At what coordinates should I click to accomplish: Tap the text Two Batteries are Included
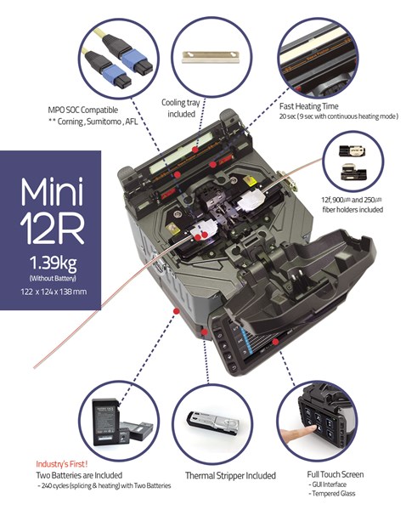79,474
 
